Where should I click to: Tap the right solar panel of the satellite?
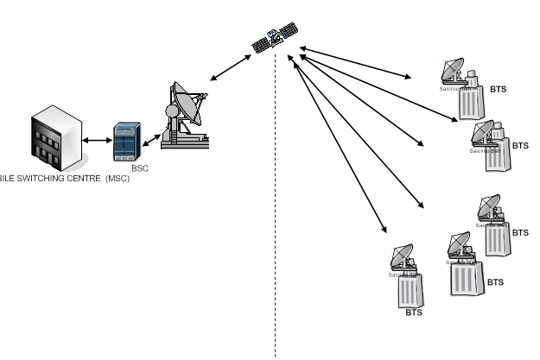tap(289, 29)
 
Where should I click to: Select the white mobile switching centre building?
tap(56, 138)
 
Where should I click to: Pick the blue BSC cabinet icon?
tap(129, 142)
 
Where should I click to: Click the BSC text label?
tap(139, 168)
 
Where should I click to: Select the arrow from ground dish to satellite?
tap(230, 67)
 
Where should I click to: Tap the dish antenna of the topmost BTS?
tap(452, 70)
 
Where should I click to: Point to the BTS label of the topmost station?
tap(499, 89)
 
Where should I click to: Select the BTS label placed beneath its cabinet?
tap(413, 313)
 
